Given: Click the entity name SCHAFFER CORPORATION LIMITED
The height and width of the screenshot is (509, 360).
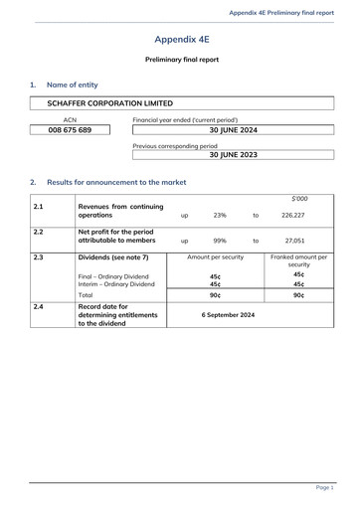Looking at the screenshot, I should (109, 103).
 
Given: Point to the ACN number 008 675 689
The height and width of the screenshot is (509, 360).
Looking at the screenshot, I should (70, 130).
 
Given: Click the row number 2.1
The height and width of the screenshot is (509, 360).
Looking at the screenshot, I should (38, 207).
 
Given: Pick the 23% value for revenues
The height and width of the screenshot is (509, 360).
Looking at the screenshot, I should (220, 214).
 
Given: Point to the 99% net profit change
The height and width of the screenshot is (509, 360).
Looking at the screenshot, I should (220, 240).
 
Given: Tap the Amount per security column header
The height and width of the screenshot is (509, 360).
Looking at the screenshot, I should (216, 256).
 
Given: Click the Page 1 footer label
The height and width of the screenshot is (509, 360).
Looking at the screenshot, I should (324, 488).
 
